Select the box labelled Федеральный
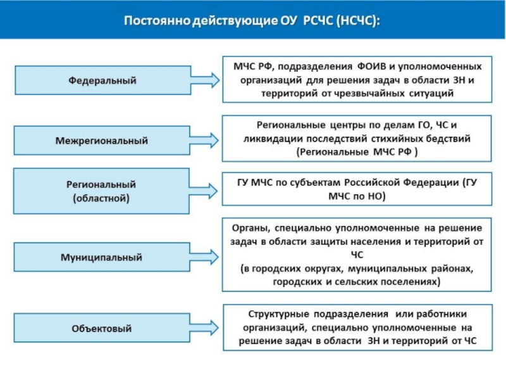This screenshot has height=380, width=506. coord(102,80)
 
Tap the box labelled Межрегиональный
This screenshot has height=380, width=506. coord(102,140)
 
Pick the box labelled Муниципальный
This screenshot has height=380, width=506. coord(102,258)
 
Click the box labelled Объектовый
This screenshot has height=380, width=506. coord(102,329)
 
